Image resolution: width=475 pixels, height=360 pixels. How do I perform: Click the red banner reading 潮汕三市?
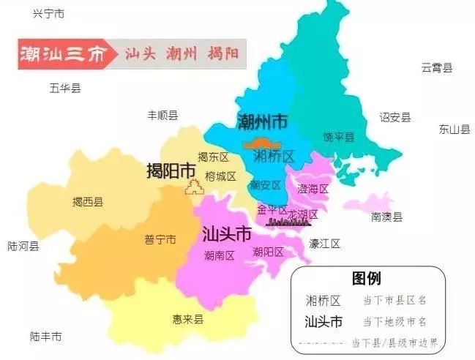click(x=61, y=54)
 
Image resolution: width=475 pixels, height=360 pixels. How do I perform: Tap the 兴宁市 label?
click(x=49, y=14)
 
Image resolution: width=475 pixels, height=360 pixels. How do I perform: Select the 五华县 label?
click(x=65, y=89)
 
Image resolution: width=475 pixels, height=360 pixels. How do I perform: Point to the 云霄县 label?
click(x=436, y=68)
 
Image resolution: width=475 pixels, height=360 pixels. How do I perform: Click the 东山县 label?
click(x=454, y=130)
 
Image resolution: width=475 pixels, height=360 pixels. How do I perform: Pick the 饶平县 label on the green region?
click(x=339, y=137)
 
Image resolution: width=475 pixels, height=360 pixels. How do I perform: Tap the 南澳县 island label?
click(x=386, y=217)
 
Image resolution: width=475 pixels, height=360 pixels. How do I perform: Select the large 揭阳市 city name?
click(x=171, y=170)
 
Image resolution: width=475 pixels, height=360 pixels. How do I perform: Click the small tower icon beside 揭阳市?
click(x=193, y=188)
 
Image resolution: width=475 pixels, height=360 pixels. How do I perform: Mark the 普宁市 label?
click(x=160, y=240)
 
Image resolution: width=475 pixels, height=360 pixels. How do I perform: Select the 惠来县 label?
click(x=188, y=319)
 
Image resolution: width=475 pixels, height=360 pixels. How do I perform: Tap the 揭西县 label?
click(x=88, y=202)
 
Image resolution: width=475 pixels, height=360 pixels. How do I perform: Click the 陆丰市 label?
click(x=45, y=337)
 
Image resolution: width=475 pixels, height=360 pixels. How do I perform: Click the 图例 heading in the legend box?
click(x=366, y=279)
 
